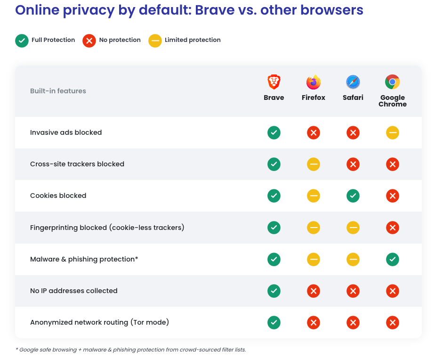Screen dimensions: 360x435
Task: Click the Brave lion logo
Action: coord(274,82)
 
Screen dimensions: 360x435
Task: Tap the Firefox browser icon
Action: coord(313,82)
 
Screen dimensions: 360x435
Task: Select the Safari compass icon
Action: coord(353,82)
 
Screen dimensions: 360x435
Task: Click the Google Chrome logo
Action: coord(392,82)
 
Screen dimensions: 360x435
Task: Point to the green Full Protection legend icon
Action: coord(22,41)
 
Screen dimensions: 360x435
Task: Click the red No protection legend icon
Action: coord(89,41)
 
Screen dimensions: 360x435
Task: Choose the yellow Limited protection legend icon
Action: coord(155,41)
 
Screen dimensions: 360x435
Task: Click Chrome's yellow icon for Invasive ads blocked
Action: coord(392,133)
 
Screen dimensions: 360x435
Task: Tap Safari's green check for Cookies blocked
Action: coord(353,196)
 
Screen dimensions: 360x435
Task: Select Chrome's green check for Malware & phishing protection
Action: coord(392,259)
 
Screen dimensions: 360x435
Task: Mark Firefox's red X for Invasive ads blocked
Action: coord(313,133)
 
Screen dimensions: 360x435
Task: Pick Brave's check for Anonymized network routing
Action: coord(274,322)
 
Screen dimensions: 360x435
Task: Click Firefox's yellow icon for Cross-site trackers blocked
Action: coord(313,164)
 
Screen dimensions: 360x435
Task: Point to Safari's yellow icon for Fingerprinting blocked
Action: coord(353,228)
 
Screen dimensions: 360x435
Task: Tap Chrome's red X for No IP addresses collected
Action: coord(392,291)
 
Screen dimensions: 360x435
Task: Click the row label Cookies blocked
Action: coord(58,196)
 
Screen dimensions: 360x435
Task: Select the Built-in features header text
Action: coord(58,91)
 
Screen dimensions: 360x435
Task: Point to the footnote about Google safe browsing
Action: coord(130,350)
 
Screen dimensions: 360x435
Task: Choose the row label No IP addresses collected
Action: coord(73,291)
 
